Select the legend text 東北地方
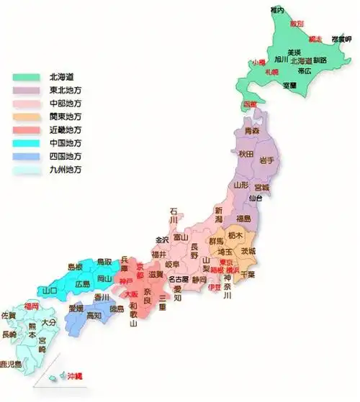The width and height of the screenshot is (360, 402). click(x=66, y=89)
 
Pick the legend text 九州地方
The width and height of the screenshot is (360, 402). click(x=66, y=169)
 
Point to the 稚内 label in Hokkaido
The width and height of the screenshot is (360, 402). click(x=278, y=9)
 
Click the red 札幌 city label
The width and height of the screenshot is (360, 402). click(x=271, y=73)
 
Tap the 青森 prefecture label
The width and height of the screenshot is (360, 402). click(x=251, y=132)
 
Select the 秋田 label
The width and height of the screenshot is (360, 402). click(x=246, y=154)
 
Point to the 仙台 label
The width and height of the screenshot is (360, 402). click(x=255, y=197)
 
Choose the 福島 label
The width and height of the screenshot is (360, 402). click(x=243, y=219)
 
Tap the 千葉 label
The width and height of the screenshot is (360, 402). click(x=246, y=274)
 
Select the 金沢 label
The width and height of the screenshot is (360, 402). click(x=162, y=239)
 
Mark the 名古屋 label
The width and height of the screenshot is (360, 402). click(x=179, y=278)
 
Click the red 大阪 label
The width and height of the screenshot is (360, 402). click(x=131, y=295)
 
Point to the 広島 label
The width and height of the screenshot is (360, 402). click(x=84, y=284)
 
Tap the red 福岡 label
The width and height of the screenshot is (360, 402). click(x=31, y=306)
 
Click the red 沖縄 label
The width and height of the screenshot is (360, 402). click(x=75, y=376)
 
